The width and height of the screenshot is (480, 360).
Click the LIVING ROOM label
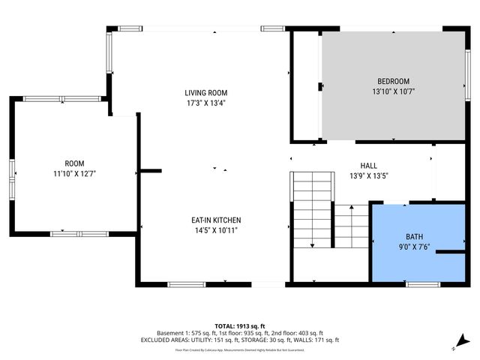(x=205, y=93)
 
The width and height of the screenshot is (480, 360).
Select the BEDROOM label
(x=393, y=81)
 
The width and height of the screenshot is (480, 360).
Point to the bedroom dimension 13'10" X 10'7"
(x=393, y=91)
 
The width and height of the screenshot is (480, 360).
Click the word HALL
(x=368, y=166)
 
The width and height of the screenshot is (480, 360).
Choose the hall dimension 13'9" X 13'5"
(x=368, y=176)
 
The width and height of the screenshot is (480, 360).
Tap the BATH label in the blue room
(x=414, y=235)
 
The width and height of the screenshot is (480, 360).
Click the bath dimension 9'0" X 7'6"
(x=414, y=246)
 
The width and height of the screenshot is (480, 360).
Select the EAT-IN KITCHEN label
(x=216, y=220)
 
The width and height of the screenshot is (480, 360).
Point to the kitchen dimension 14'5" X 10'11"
(x=216, y=230)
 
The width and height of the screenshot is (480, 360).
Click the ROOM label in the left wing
(x=74, y=163)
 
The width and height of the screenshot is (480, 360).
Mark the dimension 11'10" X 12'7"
(x=74, y=174)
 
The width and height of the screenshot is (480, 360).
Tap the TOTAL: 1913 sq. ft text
(x=240, y=325)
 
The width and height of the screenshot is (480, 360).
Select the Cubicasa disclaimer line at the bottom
(x=240, y=349)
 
